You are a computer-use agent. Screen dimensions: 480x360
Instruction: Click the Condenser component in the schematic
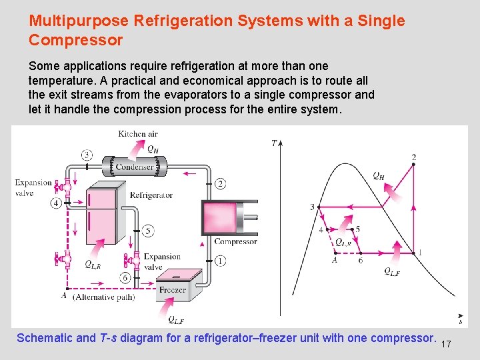[x=134, y=166]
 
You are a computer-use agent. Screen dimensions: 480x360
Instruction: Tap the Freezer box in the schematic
[x=172, y=290]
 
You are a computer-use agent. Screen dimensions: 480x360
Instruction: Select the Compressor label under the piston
[x=235, y=241]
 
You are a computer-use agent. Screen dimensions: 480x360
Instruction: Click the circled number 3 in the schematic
[x=88, y=155]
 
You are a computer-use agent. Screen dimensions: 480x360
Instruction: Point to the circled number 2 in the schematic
[x=220, y=183]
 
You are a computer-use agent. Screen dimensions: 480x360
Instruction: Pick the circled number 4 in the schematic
[x=56, y=203]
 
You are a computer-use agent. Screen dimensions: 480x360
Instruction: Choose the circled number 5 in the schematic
[x=148, y=231]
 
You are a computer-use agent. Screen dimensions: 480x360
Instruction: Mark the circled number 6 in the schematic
[x=125, y=277]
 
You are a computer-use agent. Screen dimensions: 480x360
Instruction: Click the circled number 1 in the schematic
[x=220, y=261]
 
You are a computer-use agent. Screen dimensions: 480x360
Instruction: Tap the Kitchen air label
[x=137, y=134]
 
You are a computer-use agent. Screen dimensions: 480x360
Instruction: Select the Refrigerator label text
[x=151, y=195]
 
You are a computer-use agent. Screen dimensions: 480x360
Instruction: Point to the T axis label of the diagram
[x=275, y=143]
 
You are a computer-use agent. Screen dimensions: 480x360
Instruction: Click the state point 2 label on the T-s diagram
[x=413, y=158]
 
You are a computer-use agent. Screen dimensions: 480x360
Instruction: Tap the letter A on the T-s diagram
[x=334, y=261]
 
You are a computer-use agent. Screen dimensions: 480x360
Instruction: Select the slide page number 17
[x=446, y=344]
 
